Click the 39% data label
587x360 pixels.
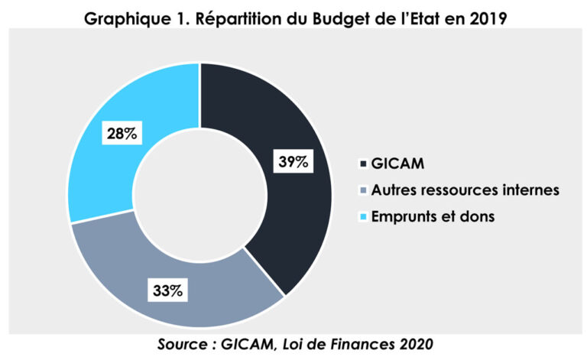click(293, 161)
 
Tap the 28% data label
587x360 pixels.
click(122, 133)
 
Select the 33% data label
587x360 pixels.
click(167, 290)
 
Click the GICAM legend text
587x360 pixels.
click(397, 164)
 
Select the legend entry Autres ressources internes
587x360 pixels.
click(465, 190)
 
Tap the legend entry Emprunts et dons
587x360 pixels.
click(433, 216)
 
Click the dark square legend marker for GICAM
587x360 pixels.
click(363, 164)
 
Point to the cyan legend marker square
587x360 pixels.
click(363, 216)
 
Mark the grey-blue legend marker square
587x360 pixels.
click(363, 190)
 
